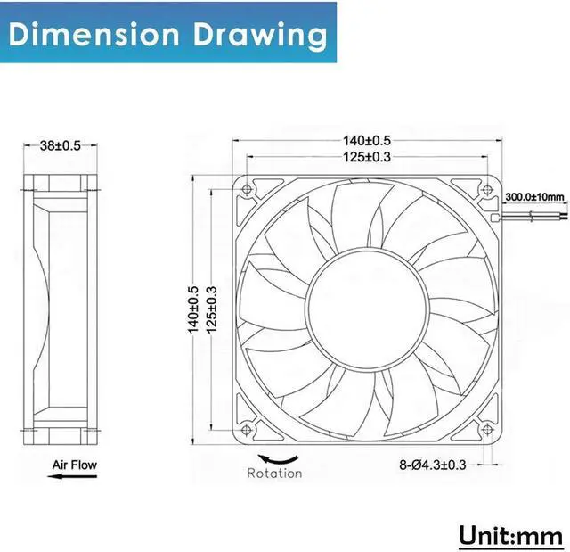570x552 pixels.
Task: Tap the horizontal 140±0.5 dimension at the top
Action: [367, 140]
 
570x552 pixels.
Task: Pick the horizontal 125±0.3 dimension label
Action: [367, 157]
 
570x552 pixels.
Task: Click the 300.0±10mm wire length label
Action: [534, 197]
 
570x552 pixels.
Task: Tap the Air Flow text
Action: [73, 465]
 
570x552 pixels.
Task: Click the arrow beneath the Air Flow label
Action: [72, 478]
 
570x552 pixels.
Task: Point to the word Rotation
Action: [274, 474]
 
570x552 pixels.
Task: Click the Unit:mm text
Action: [511, 535]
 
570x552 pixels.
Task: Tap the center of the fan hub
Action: [367, 309]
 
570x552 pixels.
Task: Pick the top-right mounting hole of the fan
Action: [485, 190]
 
